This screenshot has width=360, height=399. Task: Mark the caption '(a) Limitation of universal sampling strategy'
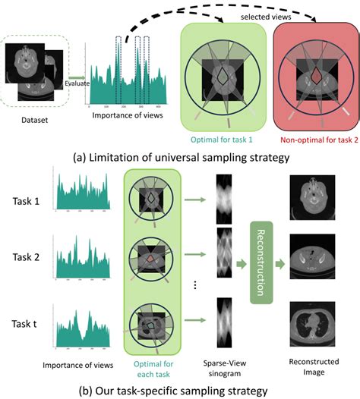[181, 157]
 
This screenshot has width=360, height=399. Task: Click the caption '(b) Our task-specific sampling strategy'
[181, 391]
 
